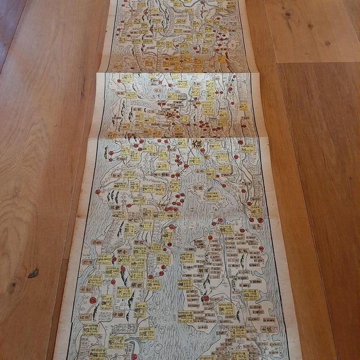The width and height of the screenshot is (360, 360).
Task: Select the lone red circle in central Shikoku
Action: pyautogui.click(x=206, y=298)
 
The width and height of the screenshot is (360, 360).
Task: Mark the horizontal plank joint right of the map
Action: pyautogui.click(x=315, y=62)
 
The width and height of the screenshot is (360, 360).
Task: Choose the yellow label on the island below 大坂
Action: pyautogui.click(x=213, y=196)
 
